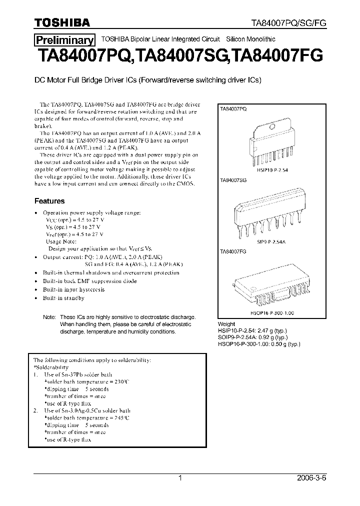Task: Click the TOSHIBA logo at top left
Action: [x=62, y=22]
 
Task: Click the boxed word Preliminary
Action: [x=64, y=40]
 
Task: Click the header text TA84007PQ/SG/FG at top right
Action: [x=288, y=23]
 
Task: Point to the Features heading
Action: [x=49, y=201]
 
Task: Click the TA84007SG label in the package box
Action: [x=233, y=179]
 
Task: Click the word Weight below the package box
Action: [x=227, y=324]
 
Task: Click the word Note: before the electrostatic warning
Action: [x=49, y=317]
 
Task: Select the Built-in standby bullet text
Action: [x=63, y=298]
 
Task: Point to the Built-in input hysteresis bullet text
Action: [x=73, y=289]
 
